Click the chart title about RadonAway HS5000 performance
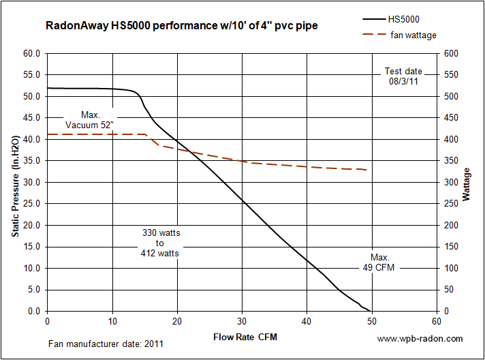point(182,25)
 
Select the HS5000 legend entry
point(391,19)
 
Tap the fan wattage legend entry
point(399,35)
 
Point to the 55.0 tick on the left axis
point(31,74)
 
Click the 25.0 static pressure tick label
point(31,204)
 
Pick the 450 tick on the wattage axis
point(452,118)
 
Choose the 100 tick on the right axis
point(452,268)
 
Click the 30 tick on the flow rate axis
point(242,322)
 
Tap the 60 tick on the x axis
point(437,322)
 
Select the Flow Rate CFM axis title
point(245,337)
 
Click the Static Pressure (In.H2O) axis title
point(16,186)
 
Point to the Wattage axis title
point(466,185)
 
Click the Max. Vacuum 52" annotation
point(90,120)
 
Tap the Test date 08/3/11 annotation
point(403,76)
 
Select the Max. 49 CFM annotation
point(379,262)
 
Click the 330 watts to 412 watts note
point(160,243)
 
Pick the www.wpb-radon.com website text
point(420,338)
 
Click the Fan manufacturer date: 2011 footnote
point(106,344)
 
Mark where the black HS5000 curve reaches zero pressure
point(371,311)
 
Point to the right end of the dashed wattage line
point(367,170)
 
